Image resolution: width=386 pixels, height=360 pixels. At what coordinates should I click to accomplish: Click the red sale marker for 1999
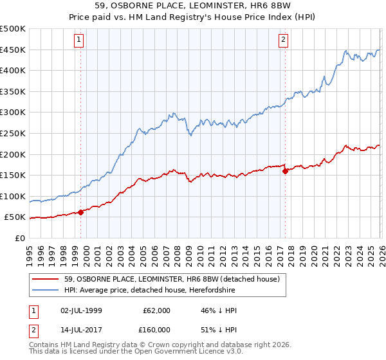(x=81, y=212)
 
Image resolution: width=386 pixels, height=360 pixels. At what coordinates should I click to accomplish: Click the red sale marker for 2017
(x=285, y=171)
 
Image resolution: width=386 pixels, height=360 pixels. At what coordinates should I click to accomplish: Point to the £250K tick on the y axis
(x=13, y=133)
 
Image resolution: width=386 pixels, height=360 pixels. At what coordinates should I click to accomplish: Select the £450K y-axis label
(x=13, y=50)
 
